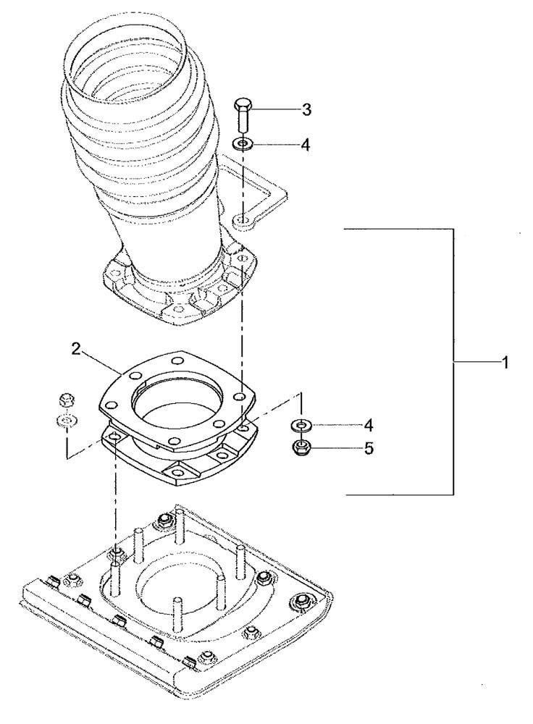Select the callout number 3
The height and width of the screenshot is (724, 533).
point(306,110)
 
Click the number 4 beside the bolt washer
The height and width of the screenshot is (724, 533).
point(306,145)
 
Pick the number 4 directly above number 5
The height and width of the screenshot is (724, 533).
point(369,424)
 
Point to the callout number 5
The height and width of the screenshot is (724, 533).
point(369,449)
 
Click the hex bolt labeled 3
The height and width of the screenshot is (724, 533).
point(243,117)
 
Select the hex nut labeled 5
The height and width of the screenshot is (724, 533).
point(301,448)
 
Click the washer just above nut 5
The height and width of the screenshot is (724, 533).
point(301,424)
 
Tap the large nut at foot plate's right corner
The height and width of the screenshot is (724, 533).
point(299,603)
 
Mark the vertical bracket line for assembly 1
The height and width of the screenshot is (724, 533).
point(454,362)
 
